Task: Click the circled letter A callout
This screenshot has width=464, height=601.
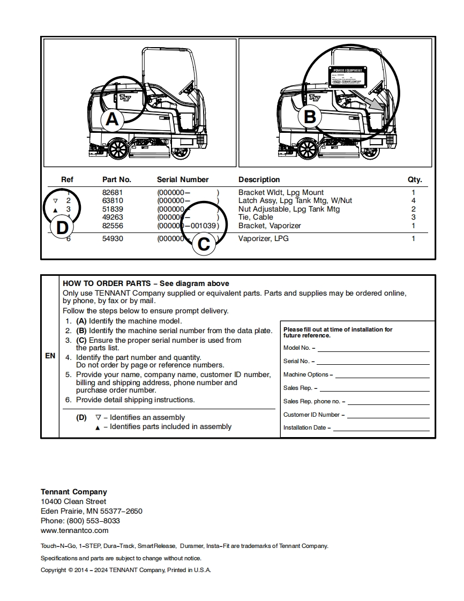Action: click(x=112, y=119)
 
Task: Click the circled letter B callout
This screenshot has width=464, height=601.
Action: click(x=310, y=117)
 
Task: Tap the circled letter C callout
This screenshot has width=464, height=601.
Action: click(x=204, y=244)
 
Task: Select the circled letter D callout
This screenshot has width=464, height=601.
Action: click(x=62, y=227)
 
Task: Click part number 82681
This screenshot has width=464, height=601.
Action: click(x=113, y=192)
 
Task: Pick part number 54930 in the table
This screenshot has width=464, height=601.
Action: click(x=113, y=238)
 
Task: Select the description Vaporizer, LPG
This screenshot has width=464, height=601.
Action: click(x=263, y=238)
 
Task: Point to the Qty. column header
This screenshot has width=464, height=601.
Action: click(x=415, y=179)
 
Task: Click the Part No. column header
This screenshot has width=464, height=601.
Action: click(x=116, y=179)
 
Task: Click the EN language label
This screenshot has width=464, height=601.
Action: click(x=50, y=356)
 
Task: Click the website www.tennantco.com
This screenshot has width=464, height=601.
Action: click(x=74, y=530)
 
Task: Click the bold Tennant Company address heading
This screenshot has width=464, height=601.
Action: click(x=74, y=492)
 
